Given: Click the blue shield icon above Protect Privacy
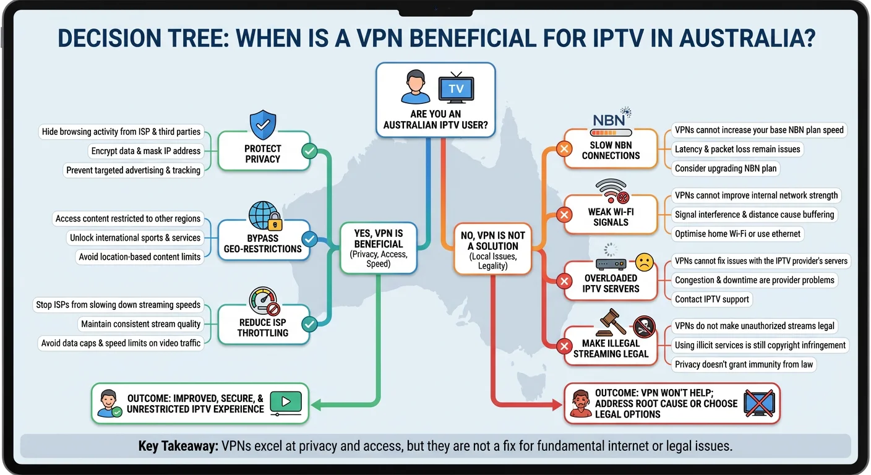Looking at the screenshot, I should [263, 125].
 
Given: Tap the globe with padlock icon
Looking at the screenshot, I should [265, 216].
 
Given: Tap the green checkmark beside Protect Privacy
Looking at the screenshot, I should [308, 151].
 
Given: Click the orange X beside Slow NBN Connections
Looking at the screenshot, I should [564, 149].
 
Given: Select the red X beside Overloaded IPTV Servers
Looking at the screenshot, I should [564, 281].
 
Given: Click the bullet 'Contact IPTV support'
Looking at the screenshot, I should [711, 299].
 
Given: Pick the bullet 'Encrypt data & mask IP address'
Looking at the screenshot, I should [146, 151].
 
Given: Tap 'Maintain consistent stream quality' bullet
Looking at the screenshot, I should [141, 324].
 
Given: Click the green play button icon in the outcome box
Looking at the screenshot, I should [286, 402].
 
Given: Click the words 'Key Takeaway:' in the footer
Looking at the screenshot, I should [176, 447].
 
